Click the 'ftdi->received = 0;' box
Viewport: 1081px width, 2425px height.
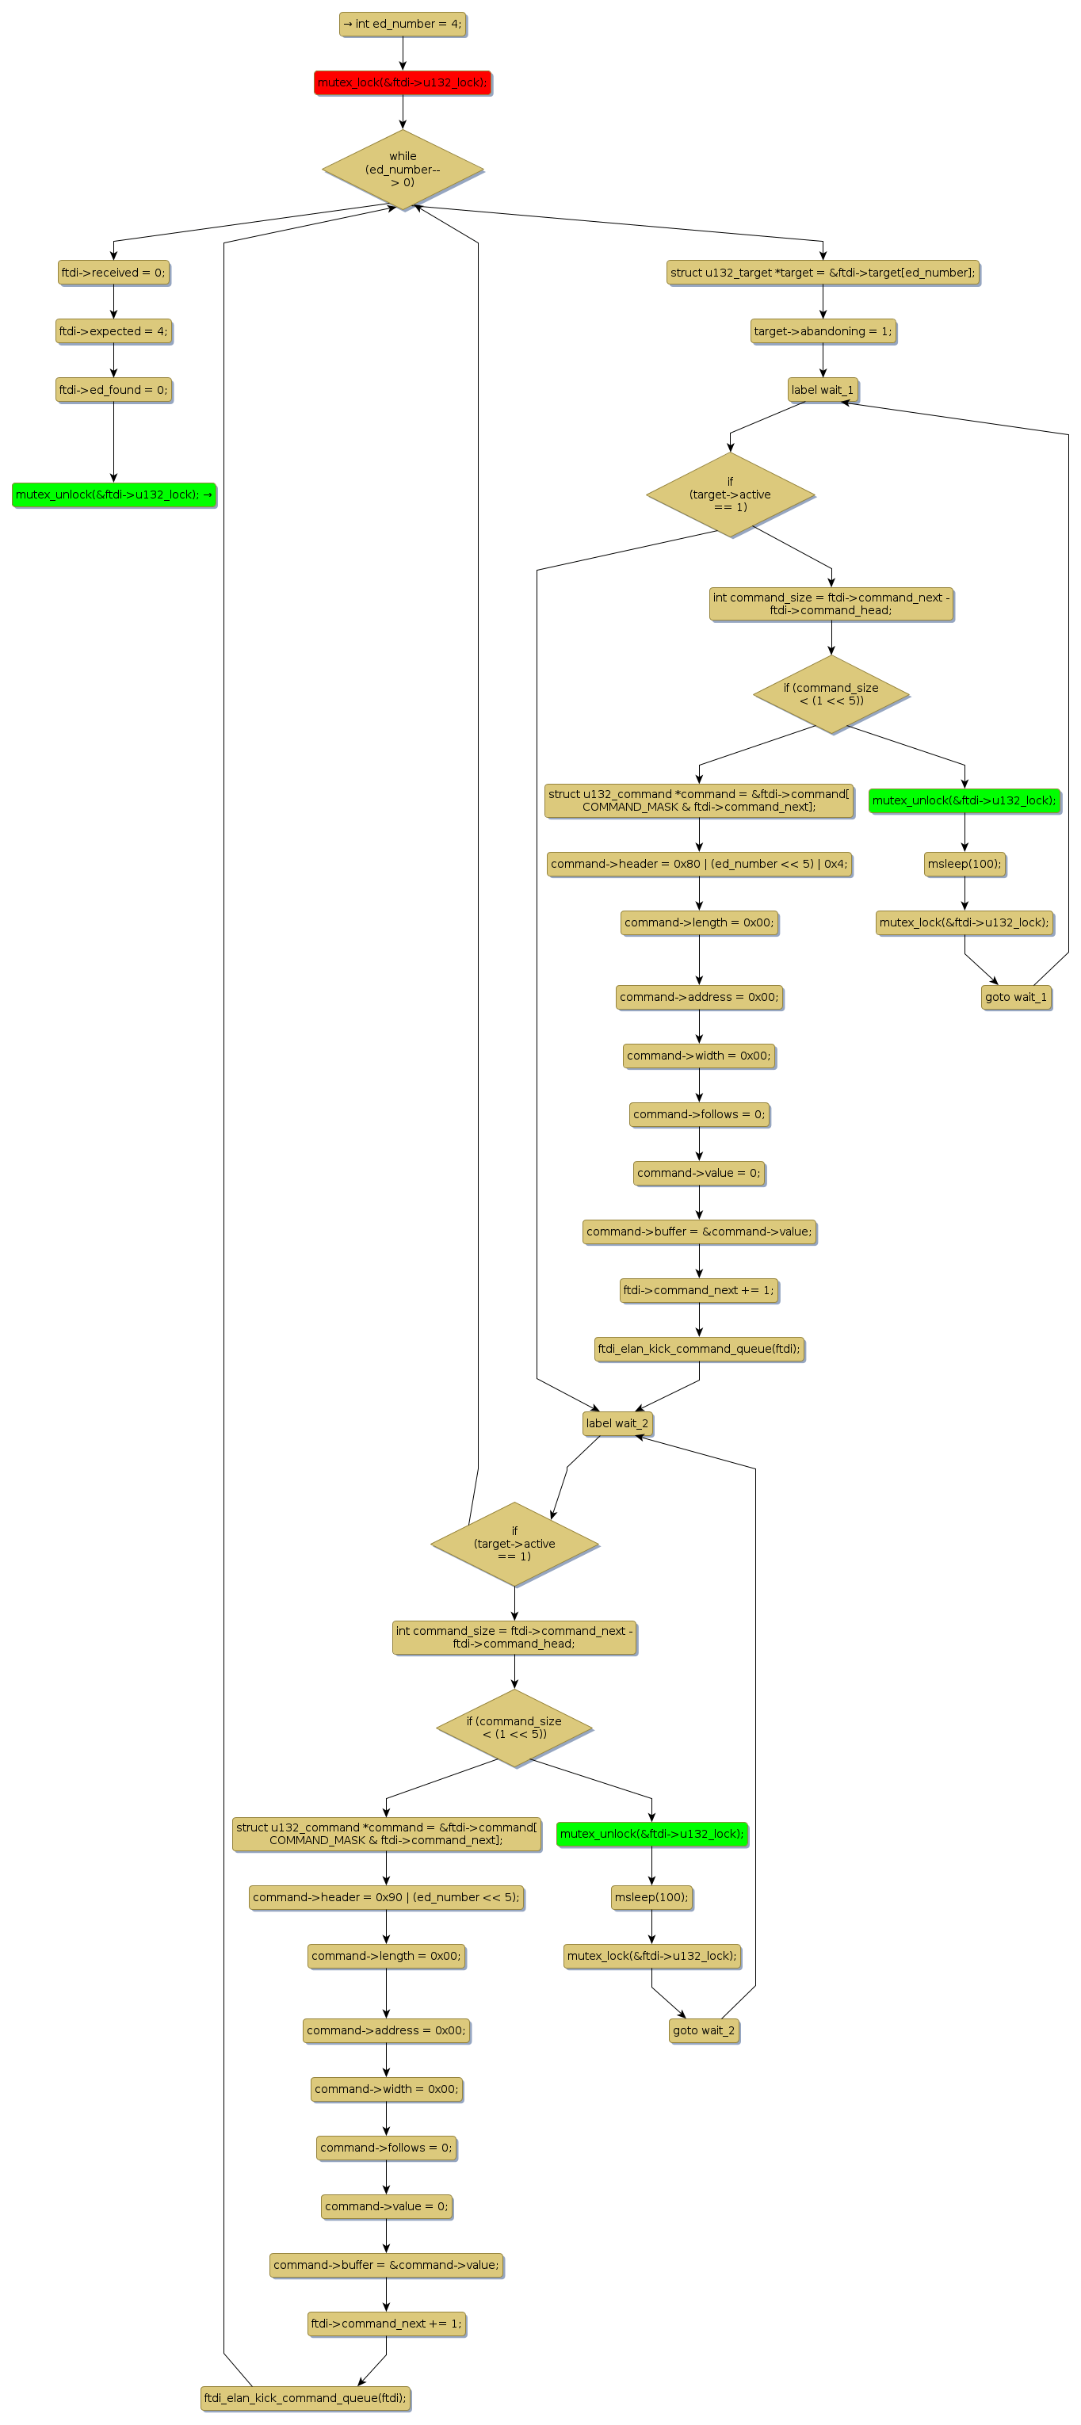113,273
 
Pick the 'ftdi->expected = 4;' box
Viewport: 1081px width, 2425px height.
113,331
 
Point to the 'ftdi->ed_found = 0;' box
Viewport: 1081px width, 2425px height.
113,390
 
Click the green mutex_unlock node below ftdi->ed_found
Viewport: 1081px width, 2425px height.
113,495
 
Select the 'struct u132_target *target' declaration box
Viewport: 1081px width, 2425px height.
822,273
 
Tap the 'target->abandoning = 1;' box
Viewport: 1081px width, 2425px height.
822,331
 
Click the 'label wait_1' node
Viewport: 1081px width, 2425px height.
822,390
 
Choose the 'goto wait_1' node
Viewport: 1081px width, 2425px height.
1015,997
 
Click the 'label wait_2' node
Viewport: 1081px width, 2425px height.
617,1423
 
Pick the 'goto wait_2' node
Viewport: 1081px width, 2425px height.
704,2030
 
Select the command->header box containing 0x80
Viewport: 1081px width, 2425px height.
699,864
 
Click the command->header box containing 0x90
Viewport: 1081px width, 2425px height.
386,1897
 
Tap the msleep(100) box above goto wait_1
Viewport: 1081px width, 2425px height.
964,864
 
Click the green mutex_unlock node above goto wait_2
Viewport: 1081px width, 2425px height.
651,1834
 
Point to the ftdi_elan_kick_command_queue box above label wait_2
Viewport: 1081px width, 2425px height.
699,1349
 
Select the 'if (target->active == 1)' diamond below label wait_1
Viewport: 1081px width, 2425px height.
730,495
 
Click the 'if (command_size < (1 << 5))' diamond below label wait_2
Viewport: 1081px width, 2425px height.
514,1728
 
